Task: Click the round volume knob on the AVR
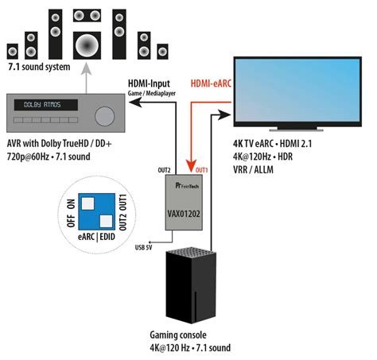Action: click(x=104, y=114)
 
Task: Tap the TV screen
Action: click(x=297, y=92)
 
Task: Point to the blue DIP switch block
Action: click(x=98, y=210)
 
